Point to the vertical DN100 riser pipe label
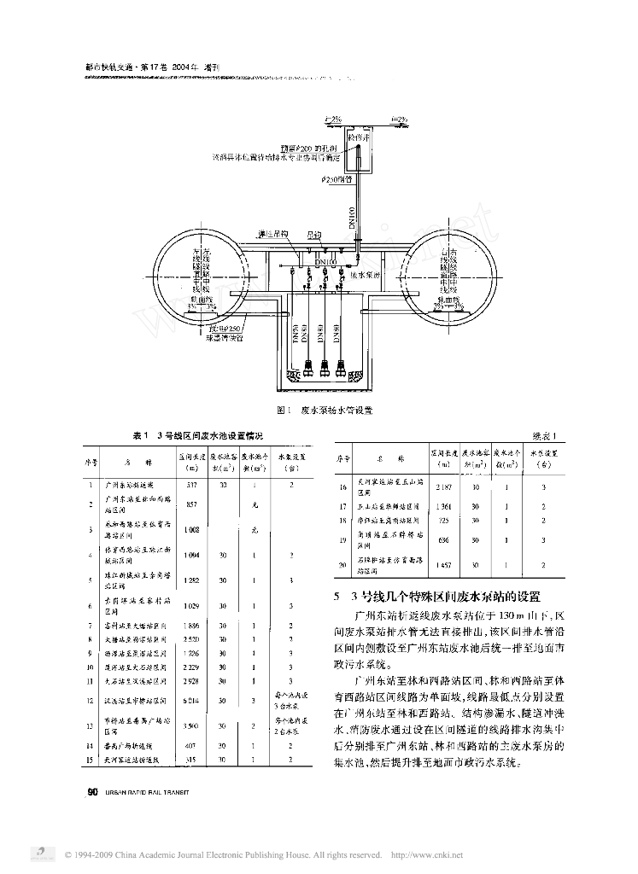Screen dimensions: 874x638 coord(349,218)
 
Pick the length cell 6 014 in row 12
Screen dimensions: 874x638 coord(191,700)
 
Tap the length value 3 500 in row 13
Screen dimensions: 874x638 coord(191,725)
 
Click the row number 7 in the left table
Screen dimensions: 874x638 coord(91,626)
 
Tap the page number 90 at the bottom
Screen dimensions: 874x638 coord(93,791)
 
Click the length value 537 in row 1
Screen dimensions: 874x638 coord(191,485)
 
